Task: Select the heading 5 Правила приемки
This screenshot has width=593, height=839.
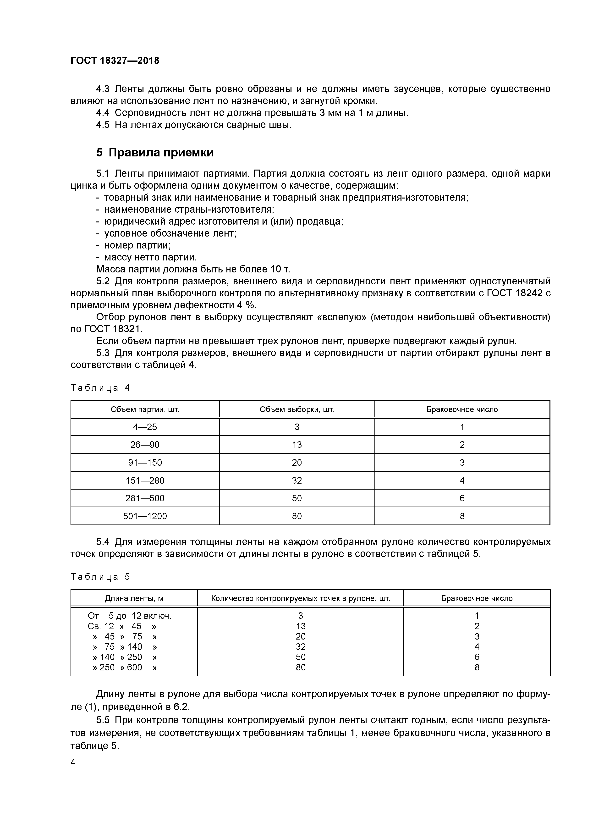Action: pyautogui.click(x=155, y=152)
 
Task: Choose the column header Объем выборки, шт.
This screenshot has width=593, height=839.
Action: pyautogui.click(x=297, y=409)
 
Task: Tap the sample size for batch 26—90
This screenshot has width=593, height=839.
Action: pyautogui.click(x=297, y=445)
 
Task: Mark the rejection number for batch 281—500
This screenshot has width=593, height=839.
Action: pyautogui.click(x=462, y=498)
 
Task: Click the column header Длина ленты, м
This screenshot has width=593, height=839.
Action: pyautogui.click(x=134, y=598)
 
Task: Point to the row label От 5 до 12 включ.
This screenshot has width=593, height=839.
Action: pyautogui.click(x=129, y=616)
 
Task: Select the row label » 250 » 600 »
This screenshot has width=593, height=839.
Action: pyautogui.click(x=124, y=667)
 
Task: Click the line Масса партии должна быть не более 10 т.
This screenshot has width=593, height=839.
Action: pyautogui.click(x=193, y=269)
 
